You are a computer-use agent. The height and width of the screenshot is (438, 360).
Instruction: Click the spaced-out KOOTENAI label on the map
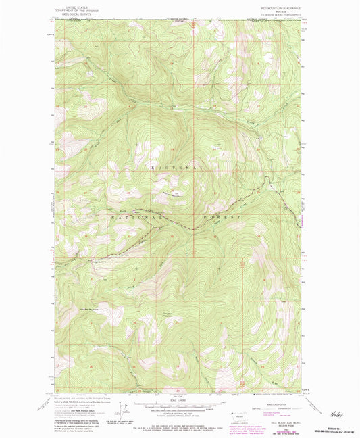pos(176,166)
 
